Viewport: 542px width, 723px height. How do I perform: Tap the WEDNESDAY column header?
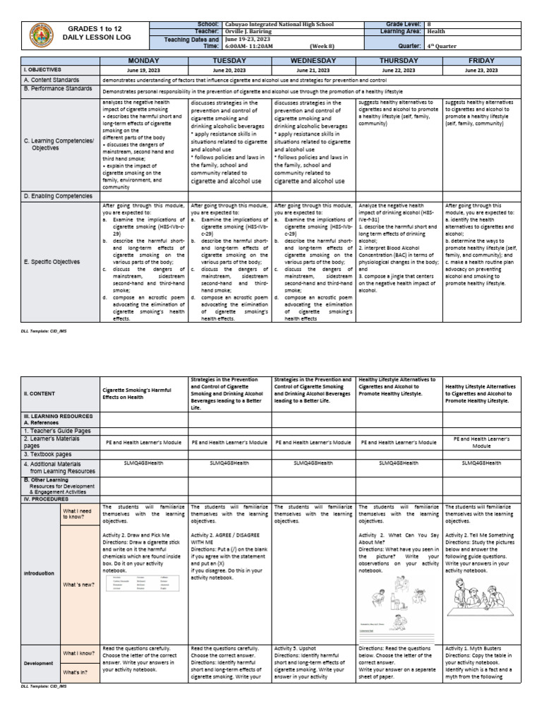click(x=313, y=61)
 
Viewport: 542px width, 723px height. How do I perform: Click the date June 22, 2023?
click(x=399, y=71)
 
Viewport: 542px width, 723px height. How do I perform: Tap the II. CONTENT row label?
click(x=43, y=393)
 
